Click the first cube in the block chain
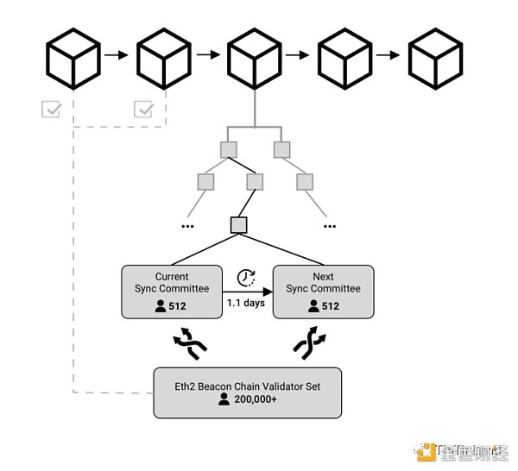[73, 58]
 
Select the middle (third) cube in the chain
[255, 58]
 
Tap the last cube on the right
[436, 58]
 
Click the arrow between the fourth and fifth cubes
[388, 56]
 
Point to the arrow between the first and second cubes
[115, 56]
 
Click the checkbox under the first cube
[51, 109]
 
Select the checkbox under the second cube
[144, 109]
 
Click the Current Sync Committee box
[172, 292]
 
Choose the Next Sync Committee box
[323, 292]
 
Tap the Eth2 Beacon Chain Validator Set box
[247, 393]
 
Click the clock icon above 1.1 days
[246, 278]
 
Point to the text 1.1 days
[247, 304]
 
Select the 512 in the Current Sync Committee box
[178, 305]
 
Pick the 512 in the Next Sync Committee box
[330, 305]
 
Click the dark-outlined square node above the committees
[239, 225]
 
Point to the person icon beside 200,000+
[224, 399]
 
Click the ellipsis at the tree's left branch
[187, 225]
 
